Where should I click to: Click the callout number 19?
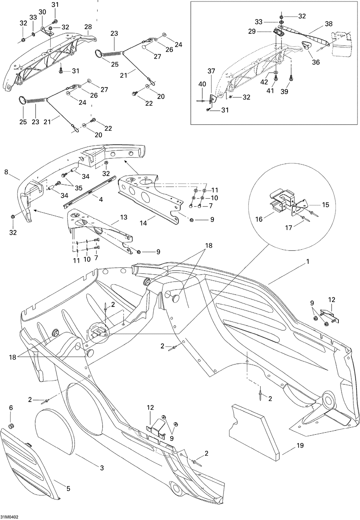[300, 446]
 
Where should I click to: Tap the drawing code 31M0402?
[9, 517]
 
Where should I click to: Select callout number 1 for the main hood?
[308, 262]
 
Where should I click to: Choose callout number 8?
[6, 172]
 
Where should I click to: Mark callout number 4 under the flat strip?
[101, 199]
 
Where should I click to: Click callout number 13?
[124, 217]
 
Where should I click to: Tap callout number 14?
[143, 223]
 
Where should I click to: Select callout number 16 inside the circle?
[259, 219]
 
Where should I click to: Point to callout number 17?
[288, 228]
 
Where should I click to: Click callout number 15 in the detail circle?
[326, 204]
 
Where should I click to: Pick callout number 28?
[88, 27]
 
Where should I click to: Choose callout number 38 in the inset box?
[328, 24]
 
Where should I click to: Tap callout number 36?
[316, 62]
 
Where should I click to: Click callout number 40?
[202, 84]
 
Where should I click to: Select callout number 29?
[252, 31]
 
